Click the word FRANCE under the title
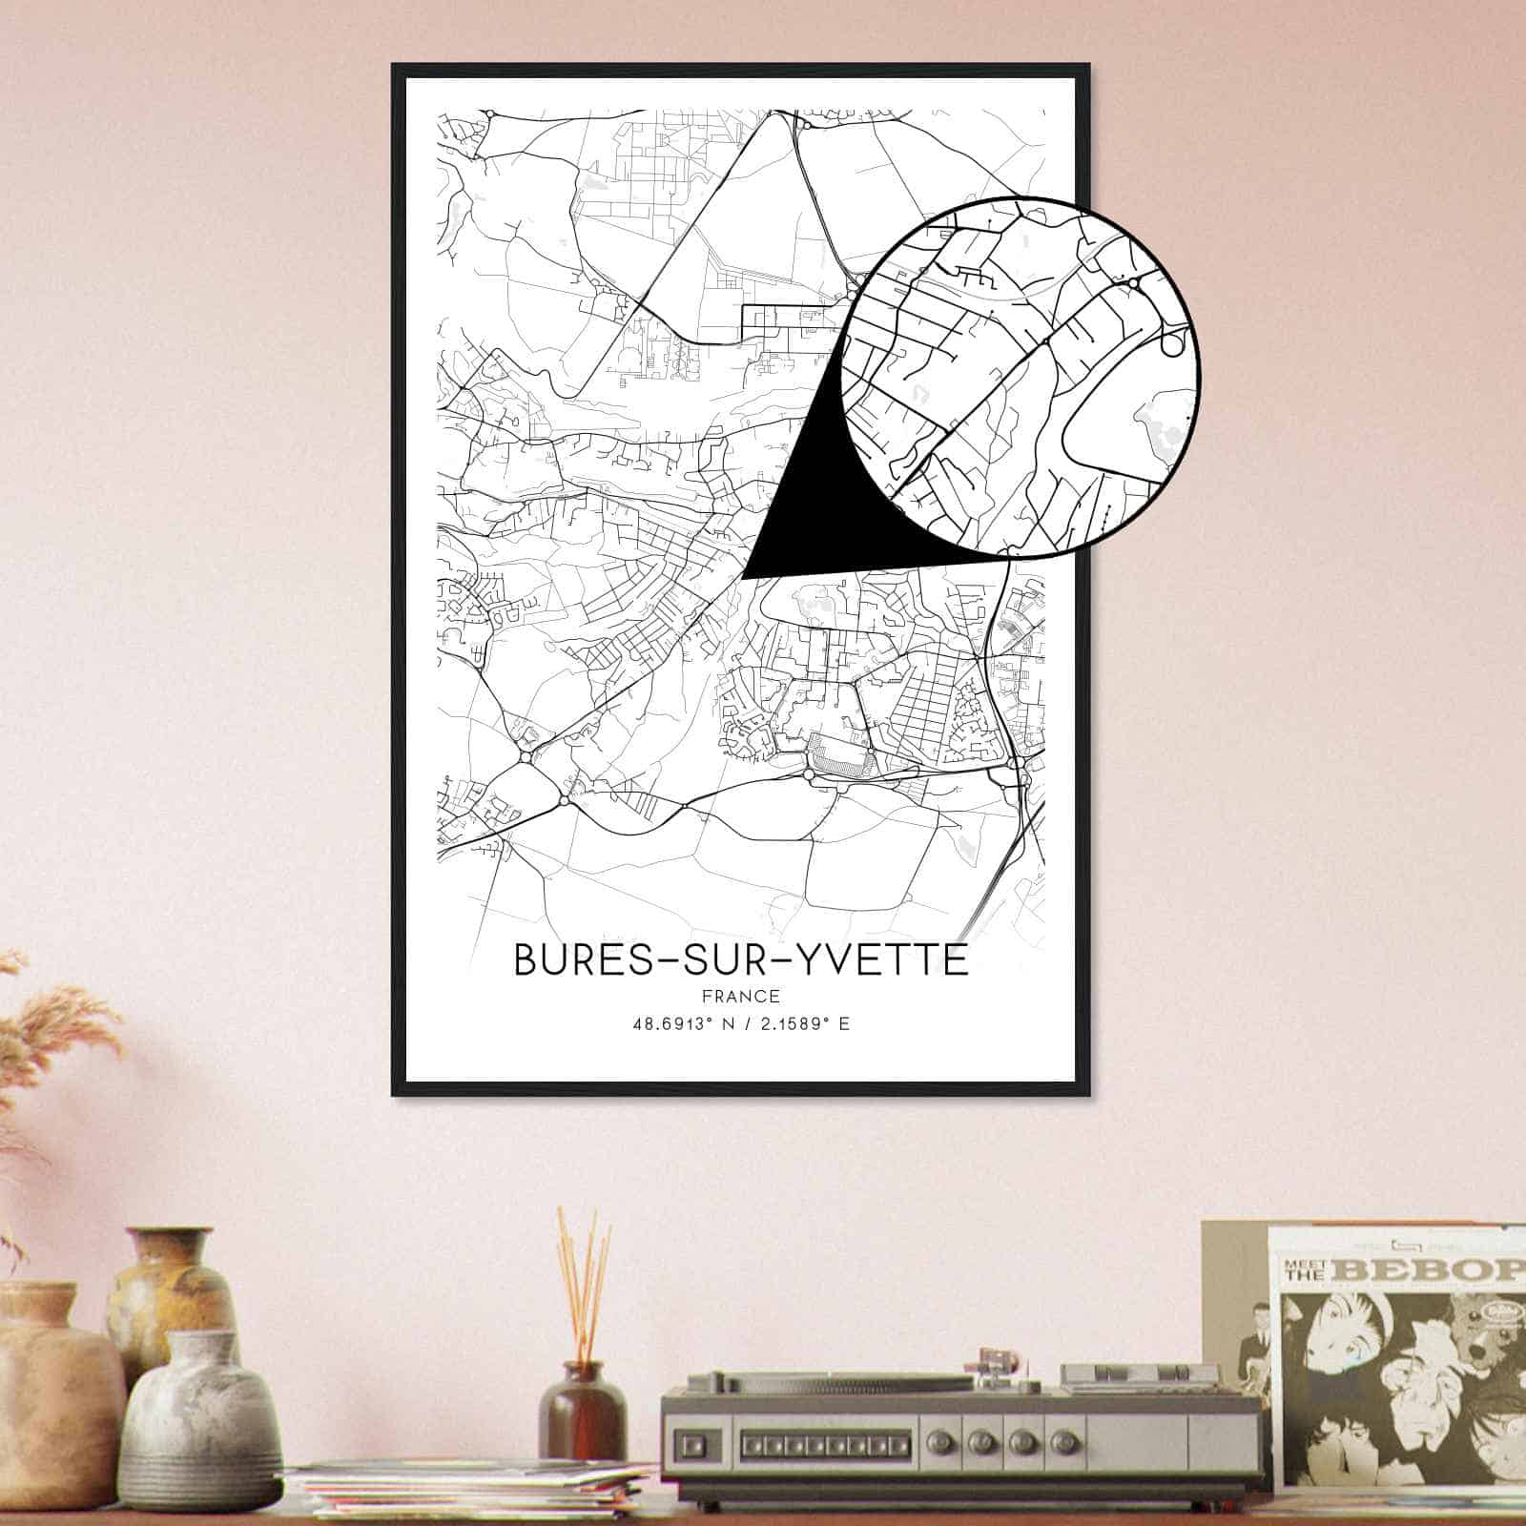(x=740, y=997)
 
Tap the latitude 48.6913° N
(x=680, y=1024)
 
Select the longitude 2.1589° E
(x=802, y=1024)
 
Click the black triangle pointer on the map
(x=811, y=515)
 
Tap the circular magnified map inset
(x=1021, y=376)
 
